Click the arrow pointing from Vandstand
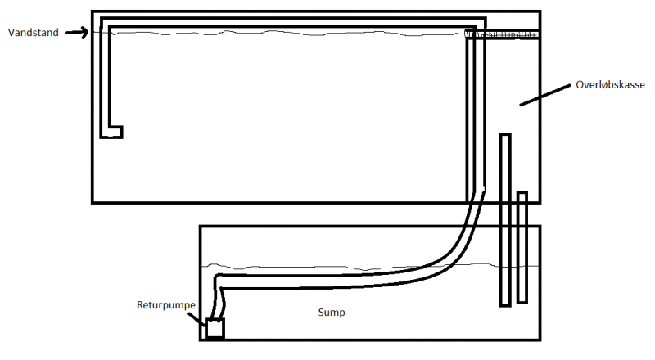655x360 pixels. (76, 33)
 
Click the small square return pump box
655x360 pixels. (215, 329)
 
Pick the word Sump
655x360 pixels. (331, 313)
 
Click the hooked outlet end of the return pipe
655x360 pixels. (113, 131)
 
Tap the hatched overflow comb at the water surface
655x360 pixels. (503, 34)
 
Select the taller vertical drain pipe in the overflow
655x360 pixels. (505, 219)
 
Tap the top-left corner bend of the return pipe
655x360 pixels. (103, 20)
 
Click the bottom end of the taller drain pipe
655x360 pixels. (505, 303)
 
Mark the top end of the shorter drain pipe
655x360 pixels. (522, 195)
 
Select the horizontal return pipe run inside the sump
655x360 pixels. (327, 277)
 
